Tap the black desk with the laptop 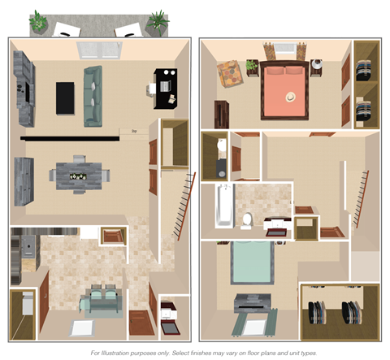coord(166,89)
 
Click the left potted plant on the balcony coord(39,23)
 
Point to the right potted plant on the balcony coord(158,20)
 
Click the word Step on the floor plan coord(132,130)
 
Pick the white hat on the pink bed coord(291,96)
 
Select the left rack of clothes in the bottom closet coord(315,312)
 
